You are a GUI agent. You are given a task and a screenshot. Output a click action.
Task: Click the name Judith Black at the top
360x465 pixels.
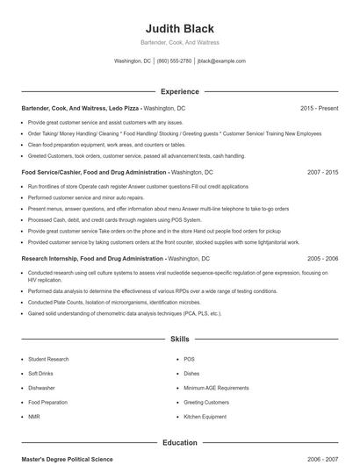coord(179,29)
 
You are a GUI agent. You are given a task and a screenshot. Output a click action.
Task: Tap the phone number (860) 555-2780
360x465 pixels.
coord(175,61)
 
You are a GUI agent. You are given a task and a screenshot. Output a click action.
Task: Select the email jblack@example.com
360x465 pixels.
coord(221,61)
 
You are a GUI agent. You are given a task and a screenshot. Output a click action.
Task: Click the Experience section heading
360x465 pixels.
coord(179,91)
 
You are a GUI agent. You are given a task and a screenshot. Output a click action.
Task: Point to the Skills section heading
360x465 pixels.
coord(179,338)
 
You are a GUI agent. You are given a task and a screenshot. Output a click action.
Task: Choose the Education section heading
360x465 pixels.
coord(179,443)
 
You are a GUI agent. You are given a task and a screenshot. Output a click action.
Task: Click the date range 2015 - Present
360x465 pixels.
coord(319,108)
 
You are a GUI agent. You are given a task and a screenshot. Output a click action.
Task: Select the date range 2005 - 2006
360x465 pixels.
coord(322,259)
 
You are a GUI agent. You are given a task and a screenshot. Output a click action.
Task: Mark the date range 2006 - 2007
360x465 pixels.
coord(322,460)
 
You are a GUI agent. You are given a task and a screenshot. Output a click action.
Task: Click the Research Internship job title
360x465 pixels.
coord(92,259)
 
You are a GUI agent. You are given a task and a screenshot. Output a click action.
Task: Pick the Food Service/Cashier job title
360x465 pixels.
coord(94,173)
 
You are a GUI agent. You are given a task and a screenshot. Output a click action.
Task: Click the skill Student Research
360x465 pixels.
coord(48,359)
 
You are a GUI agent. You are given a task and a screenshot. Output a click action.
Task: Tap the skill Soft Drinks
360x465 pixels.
coord(40,373)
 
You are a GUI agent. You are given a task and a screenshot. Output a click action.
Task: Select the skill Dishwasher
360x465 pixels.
coord(41,388)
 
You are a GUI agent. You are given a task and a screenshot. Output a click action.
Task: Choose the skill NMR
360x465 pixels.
coord(34,416)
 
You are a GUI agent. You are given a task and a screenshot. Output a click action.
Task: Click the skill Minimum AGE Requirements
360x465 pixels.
coord(216,388)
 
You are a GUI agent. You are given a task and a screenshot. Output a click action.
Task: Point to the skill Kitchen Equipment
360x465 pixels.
coord(205,416)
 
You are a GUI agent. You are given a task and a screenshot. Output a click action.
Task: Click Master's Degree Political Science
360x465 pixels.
coord(67,460)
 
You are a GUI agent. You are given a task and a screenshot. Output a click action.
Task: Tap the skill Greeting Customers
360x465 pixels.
coord(206,402)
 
